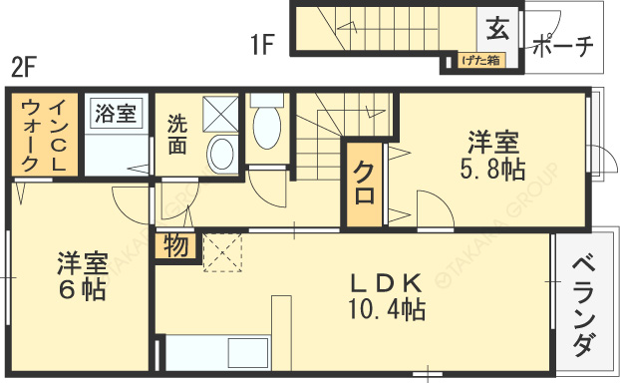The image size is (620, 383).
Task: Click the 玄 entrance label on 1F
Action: [x=497, y=28]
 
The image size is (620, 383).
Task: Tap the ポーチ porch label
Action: [x=562, y=46]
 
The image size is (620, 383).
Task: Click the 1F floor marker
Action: [x=261, y=44]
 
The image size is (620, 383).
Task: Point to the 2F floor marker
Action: [x=24, y=67]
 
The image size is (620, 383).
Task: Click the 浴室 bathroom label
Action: [x=116, y=113]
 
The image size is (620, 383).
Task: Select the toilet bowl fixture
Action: [x=267, y=127]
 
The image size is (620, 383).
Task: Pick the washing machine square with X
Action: [x=221, y=114]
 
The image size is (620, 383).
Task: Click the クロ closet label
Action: [x=365, y=183]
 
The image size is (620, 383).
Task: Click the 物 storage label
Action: [x=175, y=246]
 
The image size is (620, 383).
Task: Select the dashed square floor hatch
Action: [x=223, y=251]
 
